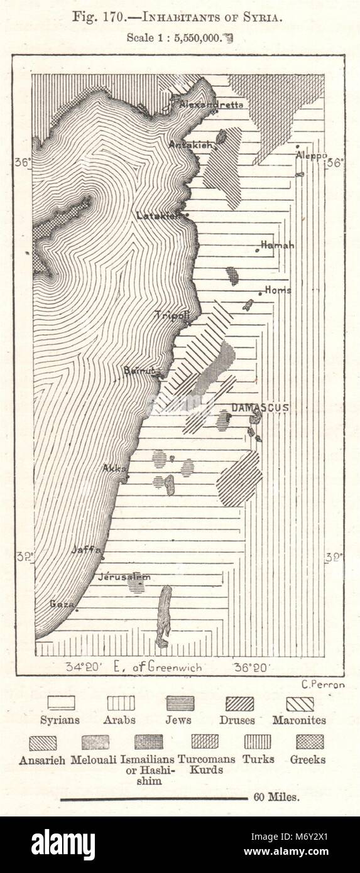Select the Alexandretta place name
point(211,105)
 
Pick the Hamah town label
point(277,245)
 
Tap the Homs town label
point(278,290)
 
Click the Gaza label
point(62,604)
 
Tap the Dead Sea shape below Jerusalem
point(164,615)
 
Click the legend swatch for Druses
point(240,703)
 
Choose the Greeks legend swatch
point(310,742)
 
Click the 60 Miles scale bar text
point(277,798)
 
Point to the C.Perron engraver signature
point(319,685)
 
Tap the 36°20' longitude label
point(251,667)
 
